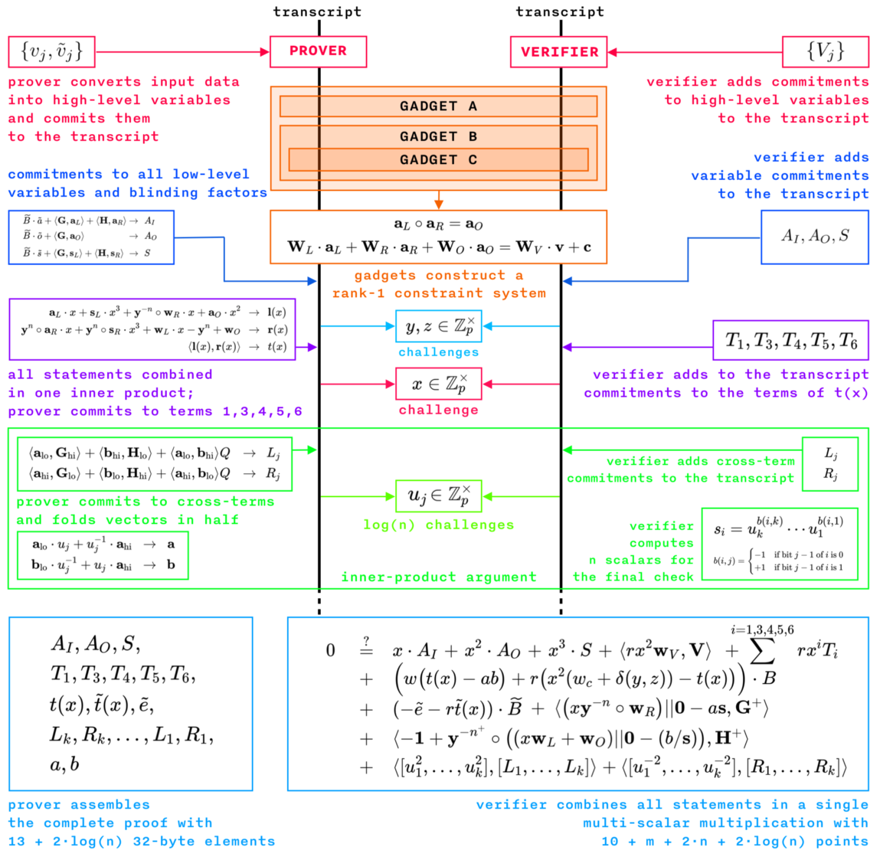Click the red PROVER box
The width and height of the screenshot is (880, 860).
point(318,51)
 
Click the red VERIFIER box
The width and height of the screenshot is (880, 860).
point(559,52)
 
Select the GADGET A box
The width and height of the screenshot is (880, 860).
point(438,106)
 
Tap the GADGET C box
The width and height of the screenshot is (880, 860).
point(438,159)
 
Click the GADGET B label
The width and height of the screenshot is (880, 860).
point(438,136)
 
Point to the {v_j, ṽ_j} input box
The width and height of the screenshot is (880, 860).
point(51,51)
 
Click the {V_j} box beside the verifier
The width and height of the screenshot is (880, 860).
point(825,51)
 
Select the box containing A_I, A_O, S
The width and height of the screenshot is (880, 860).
point(814,237)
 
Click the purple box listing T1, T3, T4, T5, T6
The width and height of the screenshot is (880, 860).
point(790,341)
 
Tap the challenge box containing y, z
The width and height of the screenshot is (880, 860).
point(439,326)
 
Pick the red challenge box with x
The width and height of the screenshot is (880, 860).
point(439,384)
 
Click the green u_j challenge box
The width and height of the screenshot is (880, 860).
point(439,496)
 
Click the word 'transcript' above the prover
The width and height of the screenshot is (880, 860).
point(317,11)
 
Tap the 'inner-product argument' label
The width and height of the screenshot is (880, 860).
point(439,577)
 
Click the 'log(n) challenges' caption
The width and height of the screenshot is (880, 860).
point(439,525)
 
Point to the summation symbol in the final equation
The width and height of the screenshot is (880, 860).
point(761,651)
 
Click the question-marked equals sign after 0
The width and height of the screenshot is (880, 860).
point(366,648)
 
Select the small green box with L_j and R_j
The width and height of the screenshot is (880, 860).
point(830,463)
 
